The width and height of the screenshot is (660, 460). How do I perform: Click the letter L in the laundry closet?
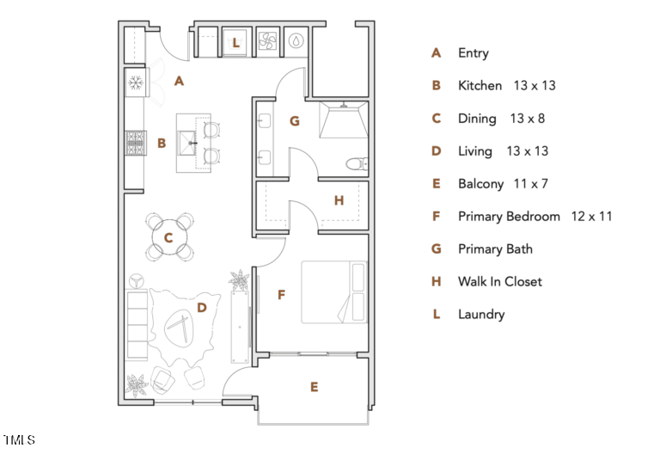click(236, 41)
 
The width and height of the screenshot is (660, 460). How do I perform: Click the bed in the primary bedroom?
click(333, 292)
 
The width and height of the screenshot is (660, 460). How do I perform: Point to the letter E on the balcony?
click(315, 388)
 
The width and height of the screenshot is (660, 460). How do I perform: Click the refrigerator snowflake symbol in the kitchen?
click(136, 83)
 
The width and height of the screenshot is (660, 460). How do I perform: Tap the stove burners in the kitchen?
click(136, 143)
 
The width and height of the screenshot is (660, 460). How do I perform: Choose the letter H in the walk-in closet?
click(339, 200)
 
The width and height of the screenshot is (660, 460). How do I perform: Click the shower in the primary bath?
click(342, 120)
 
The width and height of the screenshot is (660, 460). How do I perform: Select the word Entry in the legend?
click(473, 53)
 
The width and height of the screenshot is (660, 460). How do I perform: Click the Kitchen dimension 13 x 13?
click(535, 86)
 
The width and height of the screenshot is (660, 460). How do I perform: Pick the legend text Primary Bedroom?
click(509, 217)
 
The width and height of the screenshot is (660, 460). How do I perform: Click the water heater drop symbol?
click(296, 40)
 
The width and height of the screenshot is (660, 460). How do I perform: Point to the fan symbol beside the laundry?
click(266, 40)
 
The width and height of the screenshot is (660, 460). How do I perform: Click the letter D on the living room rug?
click(202, 306)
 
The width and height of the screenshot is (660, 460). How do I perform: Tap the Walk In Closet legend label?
click(499, 282)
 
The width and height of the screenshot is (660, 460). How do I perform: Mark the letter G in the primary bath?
click(294, 121)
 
